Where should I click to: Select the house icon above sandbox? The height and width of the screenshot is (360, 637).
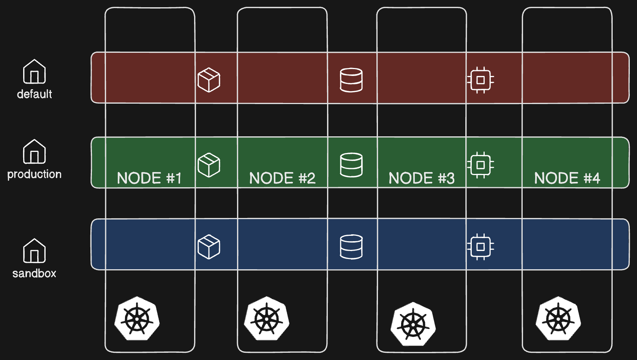coord(35,251)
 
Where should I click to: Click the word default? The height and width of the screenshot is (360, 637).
coord(35,94)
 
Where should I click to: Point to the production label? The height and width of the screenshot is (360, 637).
coord(35,174)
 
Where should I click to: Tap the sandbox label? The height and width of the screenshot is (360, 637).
coord(35,273)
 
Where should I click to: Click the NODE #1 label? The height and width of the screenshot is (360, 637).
coord(149,178)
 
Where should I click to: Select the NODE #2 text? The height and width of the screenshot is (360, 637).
coord(282,178)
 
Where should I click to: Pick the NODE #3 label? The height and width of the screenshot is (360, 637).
coord(422,178)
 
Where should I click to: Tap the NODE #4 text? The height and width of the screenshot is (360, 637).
coord(567,178)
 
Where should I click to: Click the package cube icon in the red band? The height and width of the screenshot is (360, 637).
coord(209,80)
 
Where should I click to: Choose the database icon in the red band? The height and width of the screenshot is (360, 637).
coord(351,80)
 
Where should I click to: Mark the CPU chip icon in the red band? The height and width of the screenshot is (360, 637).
coord(481,80)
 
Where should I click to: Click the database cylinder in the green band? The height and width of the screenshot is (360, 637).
coord(351,165)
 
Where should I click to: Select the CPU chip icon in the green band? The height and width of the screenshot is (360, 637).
coord(481,165)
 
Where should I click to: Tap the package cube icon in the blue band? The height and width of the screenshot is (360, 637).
coord(209,247)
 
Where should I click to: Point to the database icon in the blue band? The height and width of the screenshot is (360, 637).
coord(351,247)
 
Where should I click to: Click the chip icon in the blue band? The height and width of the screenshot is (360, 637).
coord(481,247)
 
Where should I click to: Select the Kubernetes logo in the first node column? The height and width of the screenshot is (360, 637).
coord(137,318)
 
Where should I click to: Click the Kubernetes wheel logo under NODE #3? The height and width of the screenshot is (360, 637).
coord(413,324)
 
